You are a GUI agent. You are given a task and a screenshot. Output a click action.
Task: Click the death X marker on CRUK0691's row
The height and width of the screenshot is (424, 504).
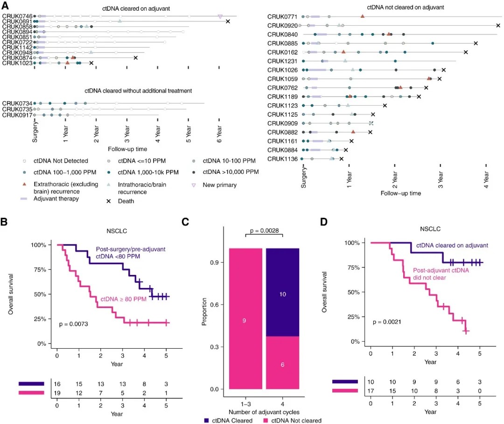tap(228, 22)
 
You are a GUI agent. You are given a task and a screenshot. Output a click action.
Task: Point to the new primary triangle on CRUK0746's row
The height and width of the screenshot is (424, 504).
tap(220, 16)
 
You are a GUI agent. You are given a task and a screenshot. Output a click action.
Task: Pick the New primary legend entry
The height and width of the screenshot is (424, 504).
tap(219, 185)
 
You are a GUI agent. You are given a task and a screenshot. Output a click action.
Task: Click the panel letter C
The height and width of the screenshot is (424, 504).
tap(185, 222)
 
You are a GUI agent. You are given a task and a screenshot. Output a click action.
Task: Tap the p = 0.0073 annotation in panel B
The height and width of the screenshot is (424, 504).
tap(74, 323)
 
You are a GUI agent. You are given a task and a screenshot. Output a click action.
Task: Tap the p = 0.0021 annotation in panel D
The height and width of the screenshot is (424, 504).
tap(387, 322)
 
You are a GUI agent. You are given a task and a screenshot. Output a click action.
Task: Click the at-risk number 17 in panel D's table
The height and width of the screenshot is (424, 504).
tap(371, 391)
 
